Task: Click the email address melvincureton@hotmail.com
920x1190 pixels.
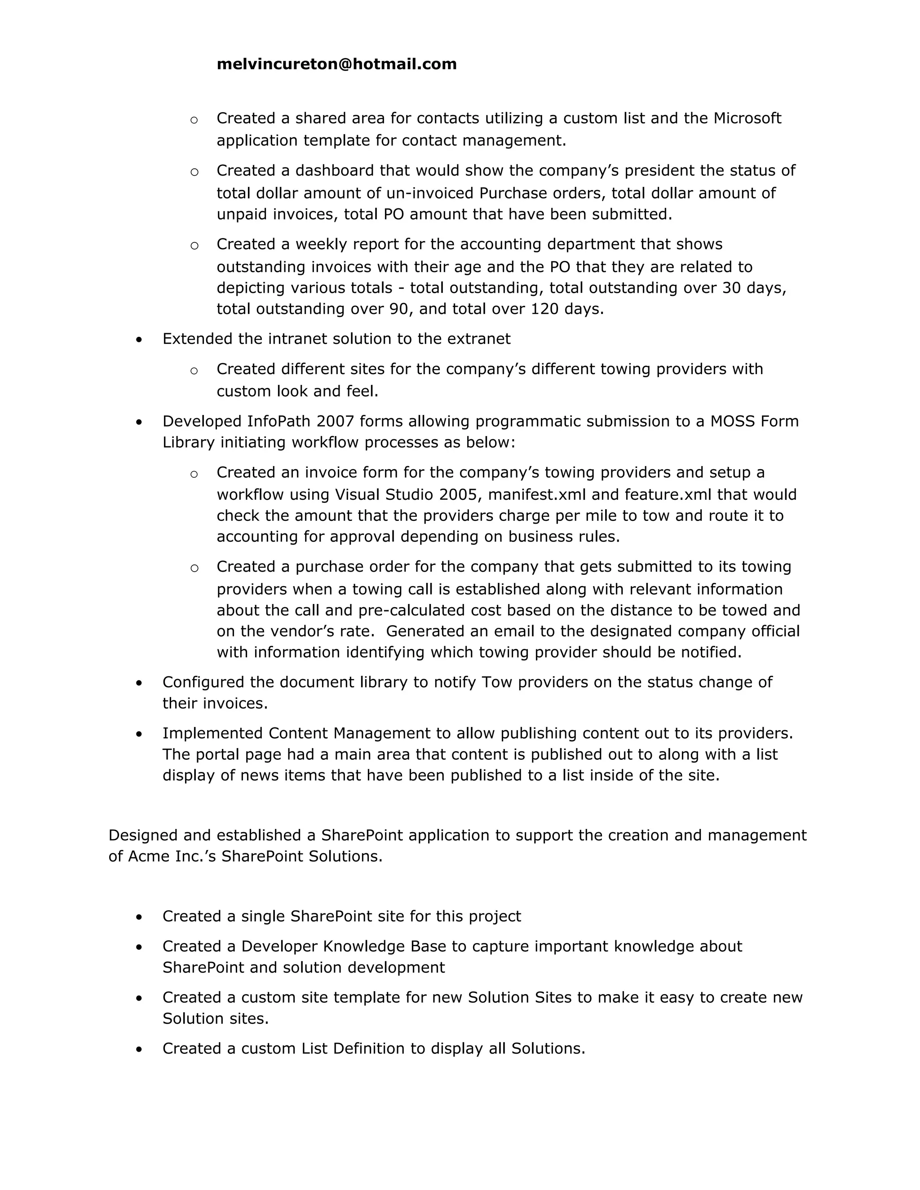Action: point(336,64)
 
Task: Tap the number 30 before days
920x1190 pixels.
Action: point(732,288)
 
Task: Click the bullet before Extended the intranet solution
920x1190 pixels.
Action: point(140,340)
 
